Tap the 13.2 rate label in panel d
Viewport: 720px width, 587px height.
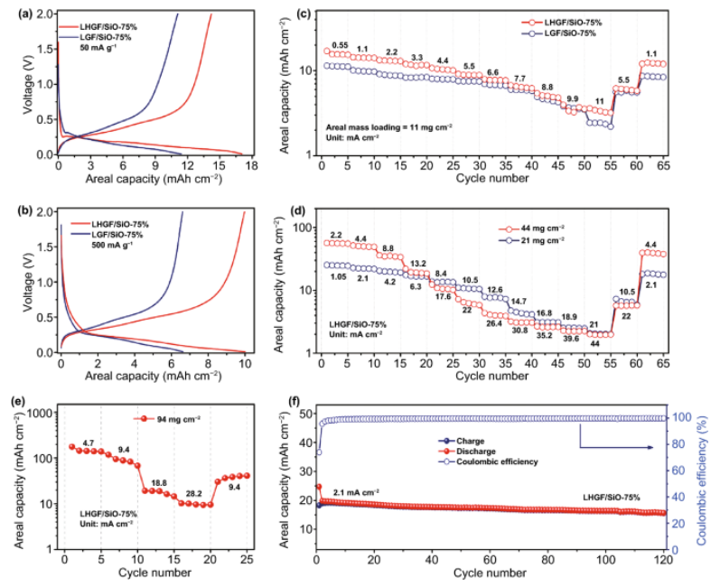coord(418,264)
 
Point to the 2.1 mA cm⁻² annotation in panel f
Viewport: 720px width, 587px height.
coord(354,492)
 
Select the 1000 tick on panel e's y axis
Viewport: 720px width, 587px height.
coord(41,413)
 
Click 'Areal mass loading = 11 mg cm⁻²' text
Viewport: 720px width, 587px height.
coord(389,126)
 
